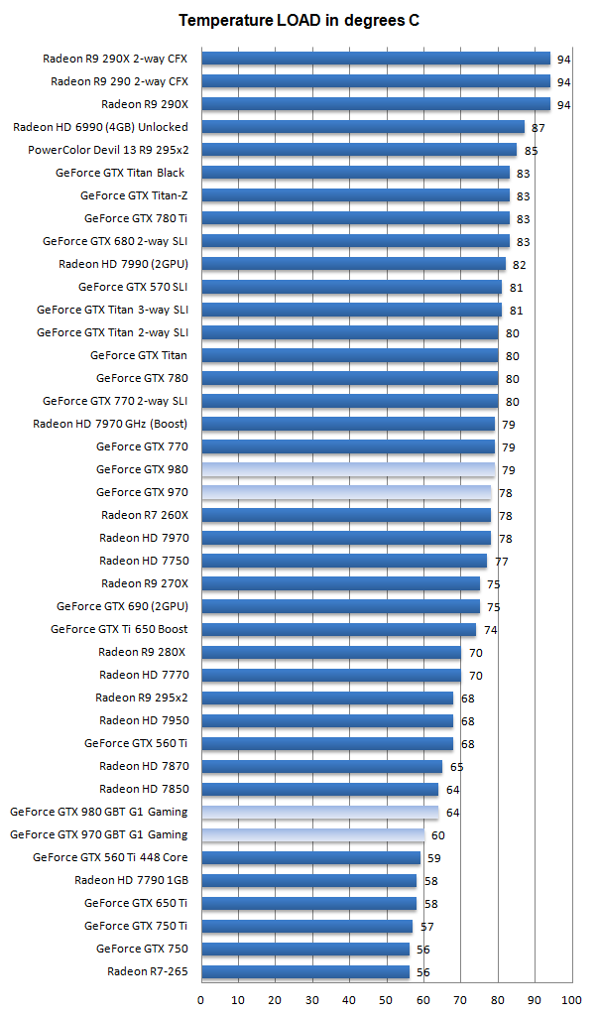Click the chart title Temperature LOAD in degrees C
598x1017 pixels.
[x=299, y=20]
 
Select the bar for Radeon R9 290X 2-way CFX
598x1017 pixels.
[x=375, y=59]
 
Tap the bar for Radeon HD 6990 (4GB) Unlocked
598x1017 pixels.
[x=362, y=127]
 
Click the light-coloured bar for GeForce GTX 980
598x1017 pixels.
[x=347, y=469]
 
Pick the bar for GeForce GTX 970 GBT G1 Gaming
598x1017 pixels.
[x=312, y=834]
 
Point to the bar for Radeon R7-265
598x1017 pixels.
[x=304, y=971]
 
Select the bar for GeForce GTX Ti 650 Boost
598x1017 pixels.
[x=338, y=629]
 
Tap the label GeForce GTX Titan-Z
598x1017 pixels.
[x=134, y=195]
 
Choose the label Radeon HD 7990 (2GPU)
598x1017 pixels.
[x=123, y=264]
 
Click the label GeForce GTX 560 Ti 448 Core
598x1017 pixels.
[x=110, y=857]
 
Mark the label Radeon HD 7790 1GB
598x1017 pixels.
[x=131, y=880]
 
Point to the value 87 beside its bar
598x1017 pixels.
[x=538, y=128]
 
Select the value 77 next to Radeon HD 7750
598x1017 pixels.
[x=501, y=562]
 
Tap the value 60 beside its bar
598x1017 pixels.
[x=438, y=835]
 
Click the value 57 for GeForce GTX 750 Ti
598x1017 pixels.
[x=427, y=927]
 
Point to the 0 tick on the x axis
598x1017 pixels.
[x=200, y=999]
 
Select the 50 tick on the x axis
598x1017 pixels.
[x=386, y=999]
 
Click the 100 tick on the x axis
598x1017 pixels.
[x=571, y=999]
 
